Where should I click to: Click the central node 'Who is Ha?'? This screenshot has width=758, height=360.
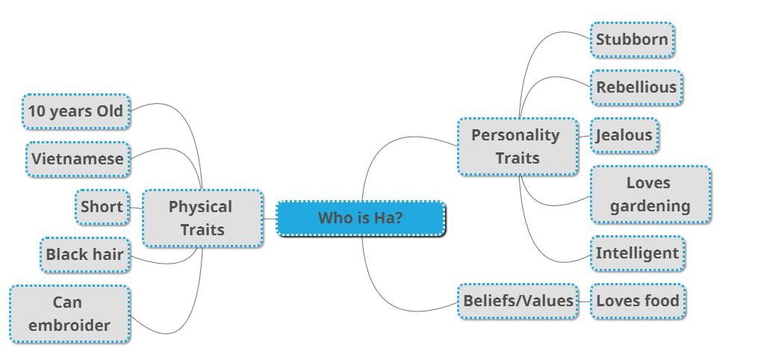click(x=361, y=218)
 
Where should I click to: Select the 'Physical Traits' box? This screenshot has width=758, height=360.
click(x=202, y=218)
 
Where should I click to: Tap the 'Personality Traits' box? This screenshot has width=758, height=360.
click(x=518, y=146)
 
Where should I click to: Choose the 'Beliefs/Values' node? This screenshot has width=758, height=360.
click(x=518, y=301)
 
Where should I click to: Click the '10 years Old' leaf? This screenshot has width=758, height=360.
click(x=76, y=111)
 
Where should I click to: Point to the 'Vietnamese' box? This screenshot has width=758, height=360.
click(x=78, y=159)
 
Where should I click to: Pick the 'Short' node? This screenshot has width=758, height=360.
click(x=102, y=207)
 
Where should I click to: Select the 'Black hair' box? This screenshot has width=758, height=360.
click(x=85, y=255)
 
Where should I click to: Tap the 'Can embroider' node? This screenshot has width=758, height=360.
click(x=69, y=314)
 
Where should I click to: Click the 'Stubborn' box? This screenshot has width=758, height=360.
click(x=633, y=40)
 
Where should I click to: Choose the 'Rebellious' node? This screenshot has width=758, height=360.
click(x=636, y=87)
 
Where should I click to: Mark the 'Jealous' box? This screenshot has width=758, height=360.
click(x=624, y=135)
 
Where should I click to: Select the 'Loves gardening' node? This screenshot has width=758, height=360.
click(x=650, y=194)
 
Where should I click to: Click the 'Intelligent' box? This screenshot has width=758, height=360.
click(x=637, y=253)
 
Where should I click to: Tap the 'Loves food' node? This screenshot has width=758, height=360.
click(x=638, y=301)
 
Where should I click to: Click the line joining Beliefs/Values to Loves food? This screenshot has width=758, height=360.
click(x=585, y=302)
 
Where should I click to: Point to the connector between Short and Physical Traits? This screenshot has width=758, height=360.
click(x=136, y=208)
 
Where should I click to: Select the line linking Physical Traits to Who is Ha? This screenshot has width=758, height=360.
click(x=270, y=219)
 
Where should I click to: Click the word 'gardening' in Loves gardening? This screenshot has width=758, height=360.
click(x=650, y=206)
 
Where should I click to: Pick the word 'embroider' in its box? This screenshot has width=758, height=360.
click(x=69, y=326)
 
